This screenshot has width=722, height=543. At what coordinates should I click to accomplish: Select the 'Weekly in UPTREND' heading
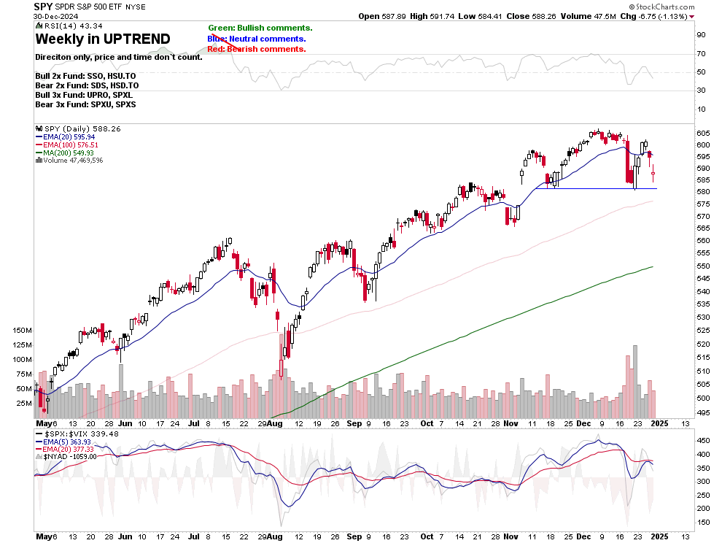pyautogui.click(x=103, y=39)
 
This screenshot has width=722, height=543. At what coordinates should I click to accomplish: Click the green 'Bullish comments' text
pyautogui.click(x=260, y=28)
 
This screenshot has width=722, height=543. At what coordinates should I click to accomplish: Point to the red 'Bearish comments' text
pyautogui.click(x=257, y=49)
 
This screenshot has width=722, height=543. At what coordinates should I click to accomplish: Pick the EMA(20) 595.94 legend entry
pyautogui.click(x=66, y=136)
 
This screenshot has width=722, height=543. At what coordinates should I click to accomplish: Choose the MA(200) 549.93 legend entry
pyautogui.click(x=66, y=153)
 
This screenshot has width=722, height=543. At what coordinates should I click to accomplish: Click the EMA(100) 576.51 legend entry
pyautogui.click(x=69, y=145)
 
